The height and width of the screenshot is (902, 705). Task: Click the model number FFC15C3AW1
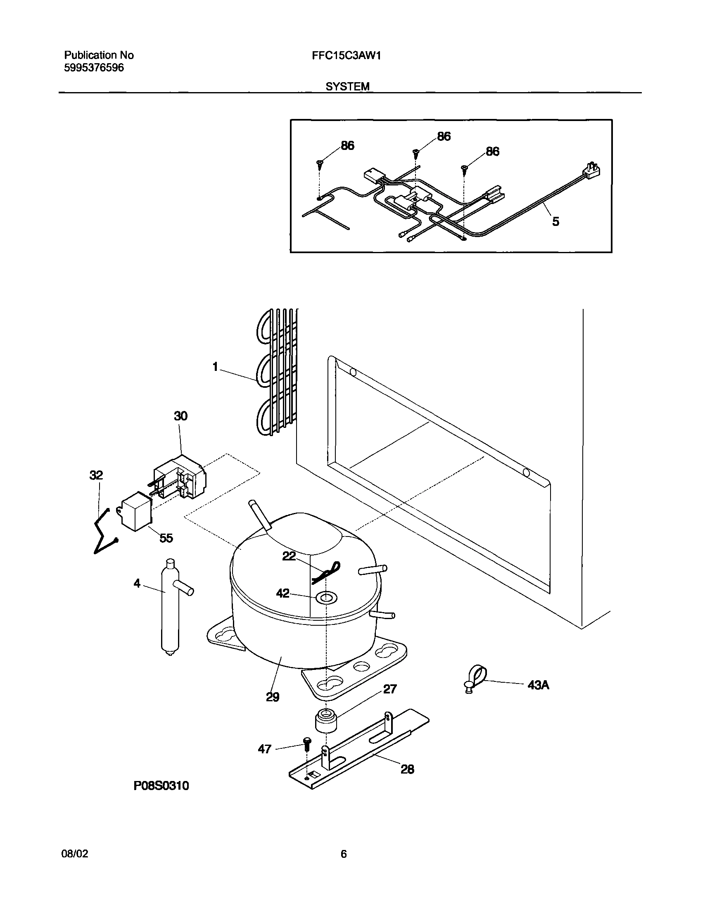(346, 56)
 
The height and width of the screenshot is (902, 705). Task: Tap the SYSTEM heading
(347, 87)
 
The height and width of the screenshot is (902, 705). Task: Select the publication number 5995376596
(94, 68)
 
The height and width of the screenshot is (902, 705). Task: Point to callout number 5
(555, 222)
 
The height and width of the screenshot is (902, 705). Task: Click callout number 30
(180, 416)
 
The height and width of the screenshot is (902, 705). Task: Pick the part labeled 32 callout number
(96, 475)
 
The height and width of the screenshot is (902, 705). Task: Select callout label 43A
(538, 685)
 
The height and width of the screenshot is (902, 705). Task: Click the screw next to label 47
(307, 743)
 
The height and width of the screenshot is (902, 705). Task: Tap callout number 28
(407, 769)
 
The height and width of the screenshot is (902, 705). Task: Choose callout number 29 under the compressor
(273, 697)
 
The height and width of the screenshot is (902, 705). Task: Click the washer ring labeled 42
(326, 597)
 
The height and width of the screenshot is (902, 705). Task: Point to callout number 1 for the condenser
(215, 367)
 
